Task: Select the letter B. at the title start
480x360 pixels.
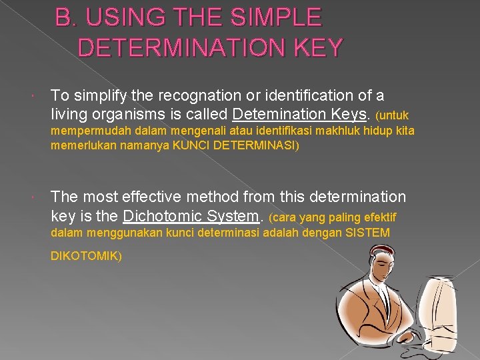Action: [66, 17]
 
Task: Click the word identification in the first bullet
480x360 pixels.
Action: [313, 97]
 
